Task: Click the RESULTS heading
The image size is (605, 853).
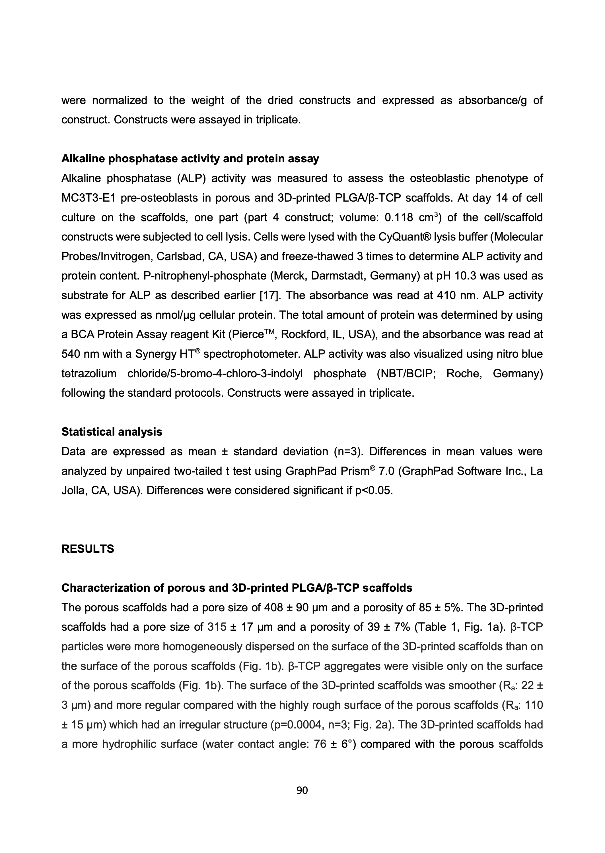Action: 88,549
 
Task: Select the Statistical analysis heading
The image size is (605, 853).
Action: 112,432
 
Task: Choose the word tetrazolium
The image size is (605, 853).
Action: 89,373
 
